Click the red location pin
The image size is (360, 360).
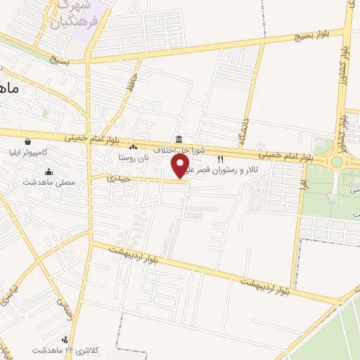(181, 165)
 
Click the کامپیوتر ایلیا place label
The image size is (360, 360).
(27, 152)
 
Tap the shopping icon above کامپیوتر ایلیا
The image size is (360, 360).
(27, 141)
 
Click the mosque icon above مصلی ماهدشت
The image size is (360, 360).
(49, 172)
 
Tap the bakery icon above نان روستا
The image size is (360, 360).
(134, 147)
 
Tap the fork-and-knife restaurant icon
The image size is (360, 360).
(221, 160)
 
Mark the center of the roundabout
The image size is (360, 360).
(336, 161)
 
